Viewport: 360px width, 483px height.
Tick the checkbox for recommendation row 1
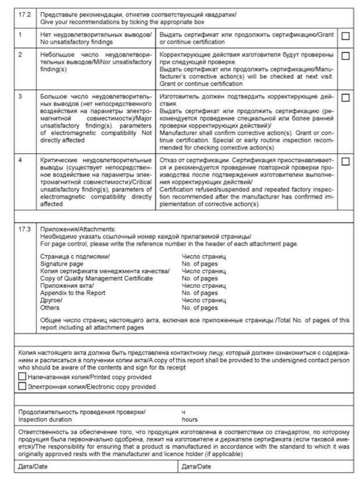point(345,36)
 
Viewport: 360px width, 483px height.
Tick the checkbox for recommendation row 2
point(345,57)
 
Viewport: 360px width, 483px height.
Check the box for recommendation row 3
point(345,97)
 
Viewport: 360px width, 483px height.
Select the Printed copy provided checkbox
point(22,377)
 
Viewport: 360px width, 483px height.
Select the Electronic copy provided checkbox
point(22,386)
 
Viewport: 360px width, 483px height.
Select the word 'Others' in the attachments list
point(50,308)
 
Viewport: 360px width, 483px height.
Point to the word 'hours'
point(190,419)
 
